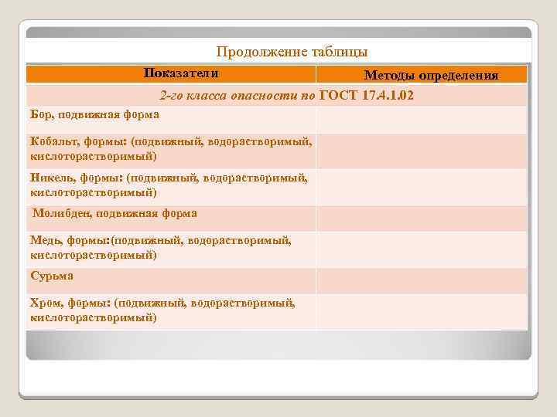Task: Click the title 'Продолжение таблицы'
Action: tap(292, 52)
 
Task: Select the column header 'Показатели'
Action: tap(180, 73)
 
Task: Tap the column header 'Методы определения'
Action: tap(431, 75)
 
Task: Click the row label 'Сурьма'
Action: tap(52, 275)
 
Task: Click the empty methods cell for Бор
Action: tap(422, 119)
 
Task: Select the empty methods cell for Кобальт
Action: tap(422, 151)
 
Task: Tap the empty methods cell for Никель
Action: tap(422, 186)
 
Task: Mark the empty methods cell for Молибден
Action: tap(422, 219)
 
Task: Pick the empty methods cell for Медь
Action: tap(422, 249)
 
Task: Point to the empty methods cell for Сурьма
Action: tap(422, 280)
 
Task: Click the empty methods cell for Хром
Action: tap(422, 311)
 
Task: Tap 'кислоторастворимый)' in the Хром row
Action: tap(93, 317)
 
